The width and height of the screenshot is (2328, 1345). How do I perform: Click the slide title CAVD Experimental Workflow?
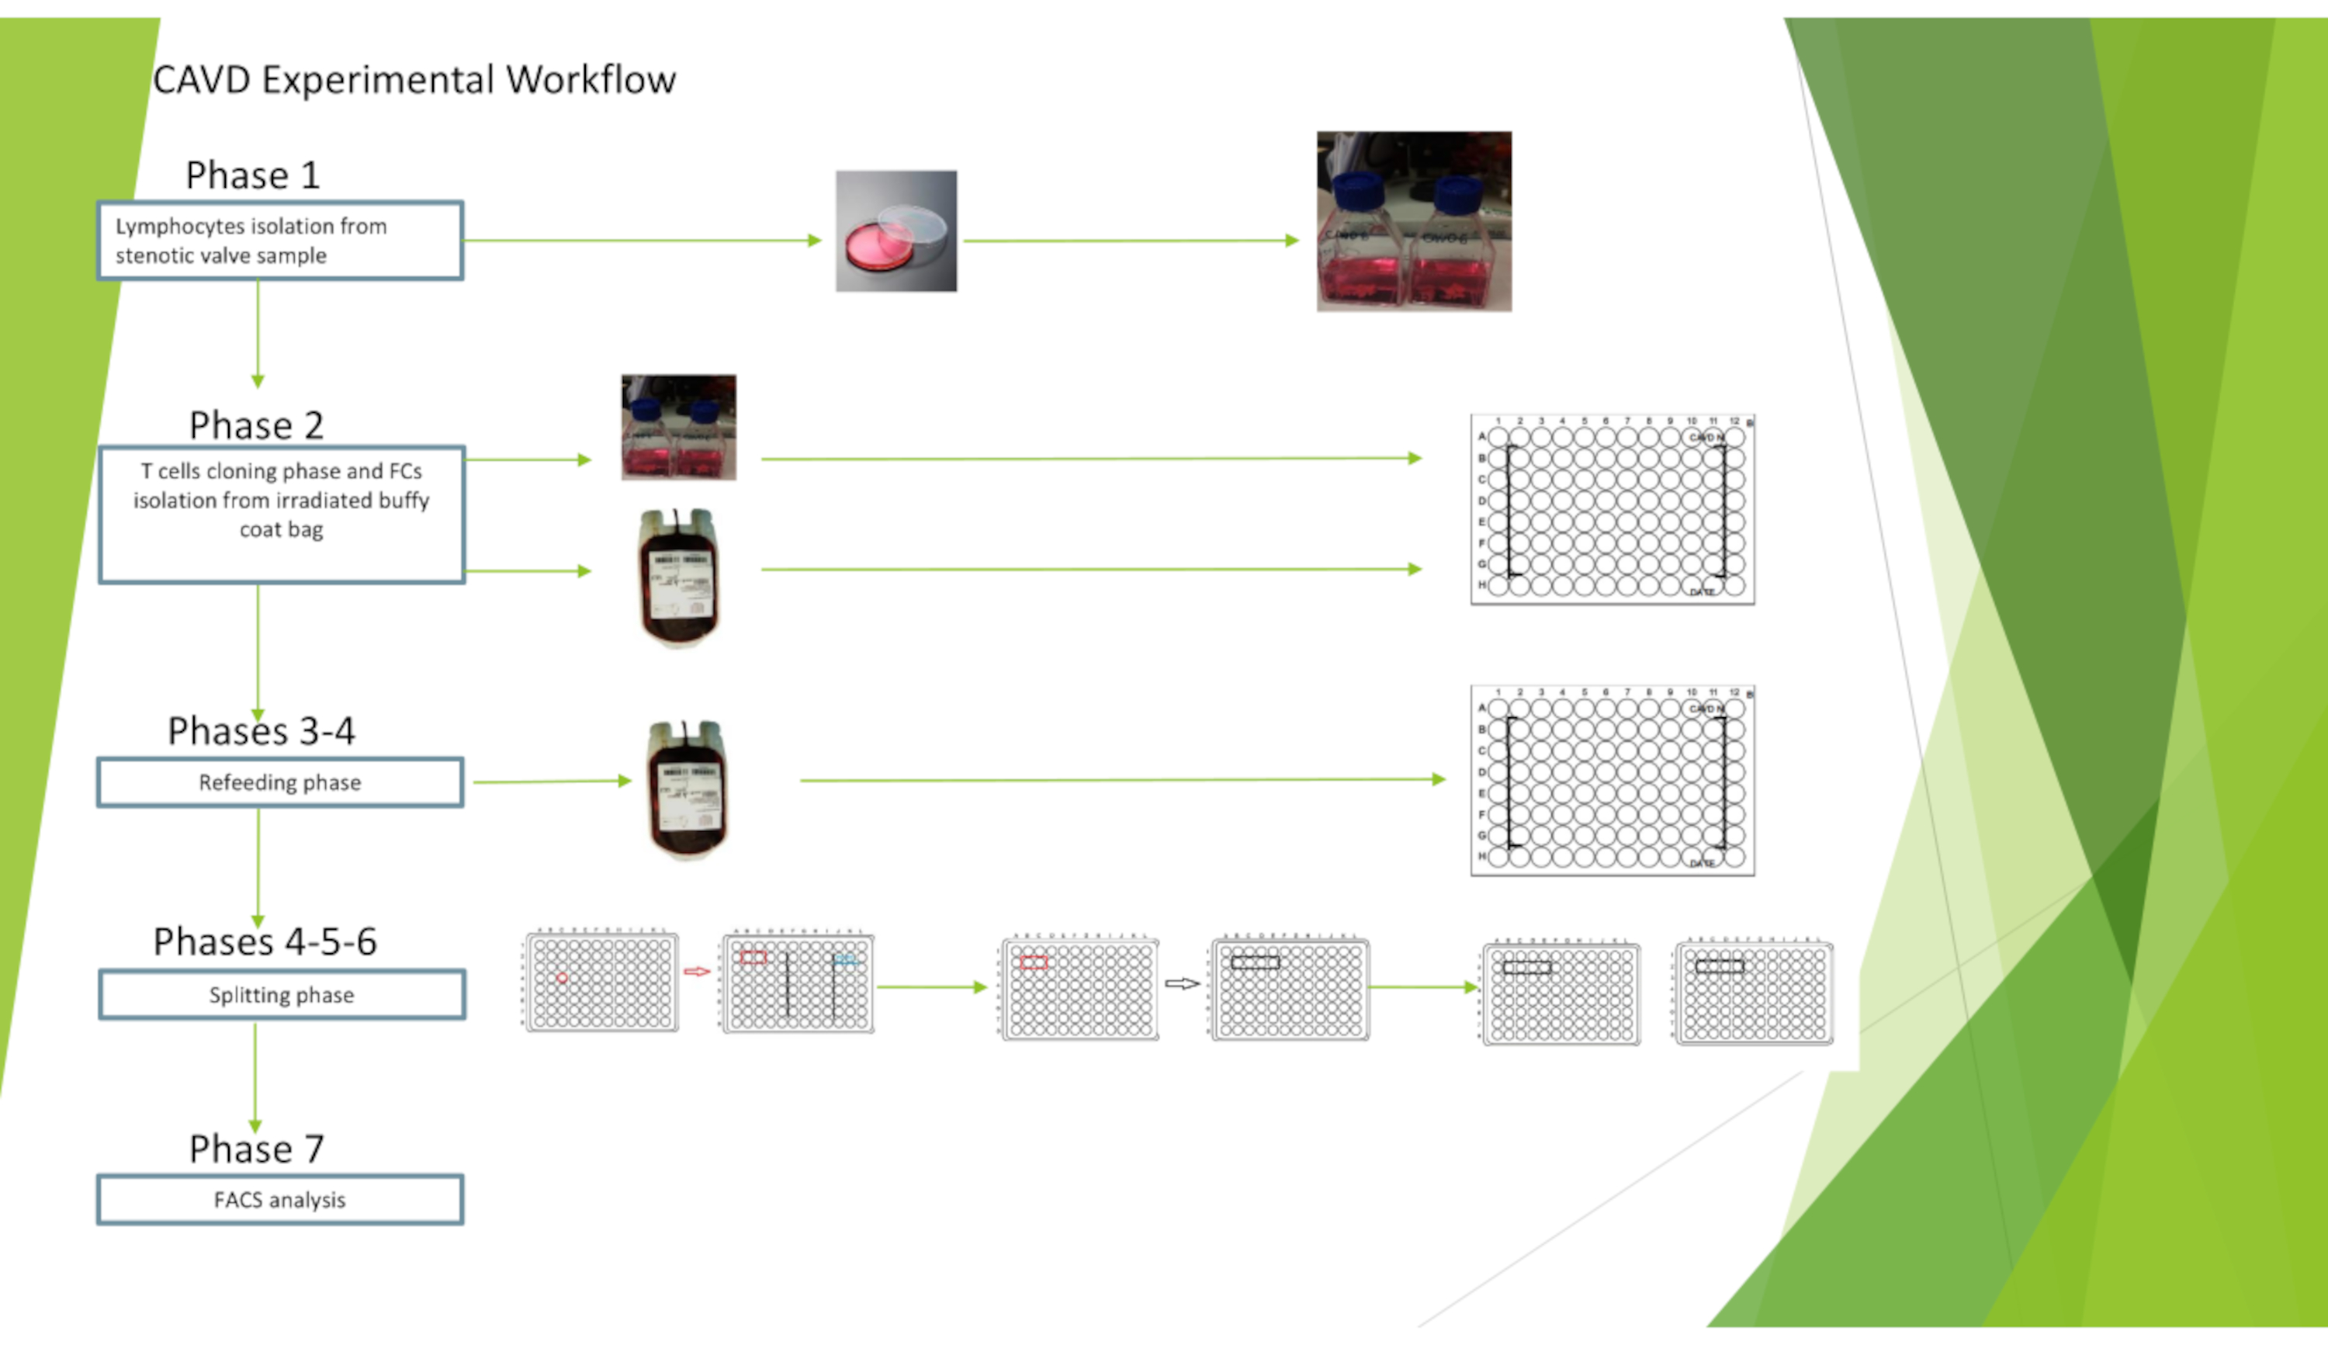click(414, 81)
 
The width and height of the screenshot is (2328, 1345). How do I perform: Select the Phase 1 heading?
click(252, 175)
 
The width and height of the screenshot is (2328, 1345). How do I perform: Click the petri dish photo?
click(896, 231)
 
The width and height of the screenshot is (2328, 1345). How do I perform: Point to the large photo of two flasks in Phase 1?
click(1413, 222)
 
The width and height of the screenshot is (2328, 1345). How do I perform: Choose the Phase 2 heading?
click(256, 426)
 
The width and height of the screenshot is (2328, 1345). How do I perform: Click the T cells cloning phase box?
click(281, 515)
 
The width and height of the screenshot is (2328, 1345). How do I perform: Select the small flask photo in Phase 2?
click(679, 427)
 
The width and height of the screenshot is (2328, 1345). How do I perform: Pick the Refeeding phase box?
click(280, 782)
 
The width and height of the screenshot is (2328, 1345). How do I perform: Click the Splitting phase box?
click(281, 995)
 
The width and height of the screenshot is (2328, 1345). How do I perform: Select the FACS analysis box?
click(280, 1200)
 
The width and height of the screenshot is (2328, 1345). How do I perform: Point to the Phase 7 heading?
click(256, 1149)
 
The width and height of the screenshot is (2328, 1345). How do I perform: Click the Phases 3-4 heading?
click(261, 732)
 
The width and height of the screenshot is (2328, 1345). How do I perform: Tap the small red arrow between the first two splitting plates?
click(697, 971)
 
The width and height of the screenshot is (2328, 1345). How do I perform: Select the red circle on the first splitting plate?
click(563, 977)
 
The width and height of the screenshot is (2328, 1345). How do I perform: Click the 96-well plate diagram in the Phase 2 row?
click(1612, 510)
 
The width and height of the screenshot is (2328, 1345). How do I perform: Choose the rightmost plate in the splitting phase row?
click(1753, 993)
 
